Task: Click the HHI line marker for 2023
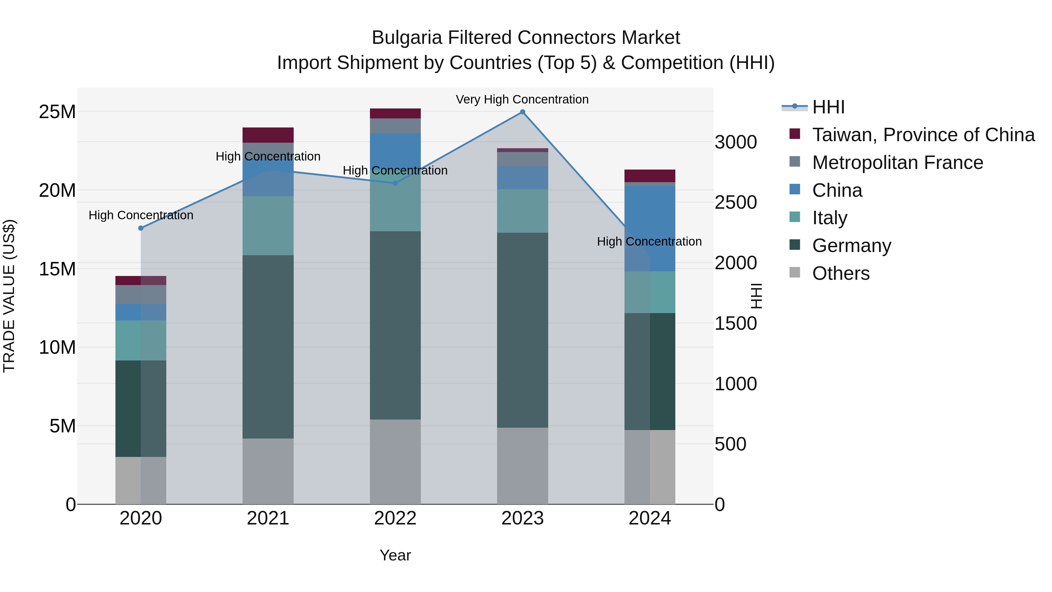pos(522,112)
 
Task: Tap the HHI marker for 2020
pos(141,228)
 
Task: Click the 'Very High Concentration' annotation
pos(522,100)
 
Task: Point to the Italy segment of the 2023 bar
pos(522,211)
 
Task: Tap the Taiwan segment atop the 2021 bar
pos(268,135)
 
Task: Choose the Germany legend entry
pos(852,246)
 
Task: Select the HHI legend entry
pos(828,107)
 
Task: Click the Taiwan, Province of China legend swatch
pos(795,134)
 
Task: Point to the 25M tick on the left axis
pos(57,112)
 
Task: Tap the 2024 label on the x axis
pos(650,518)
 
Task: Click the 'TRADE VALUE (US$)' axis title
pos(9,296)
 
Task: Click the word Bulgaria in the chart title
pos(407,38)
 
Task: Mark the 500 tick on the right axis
pos(731,444)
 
